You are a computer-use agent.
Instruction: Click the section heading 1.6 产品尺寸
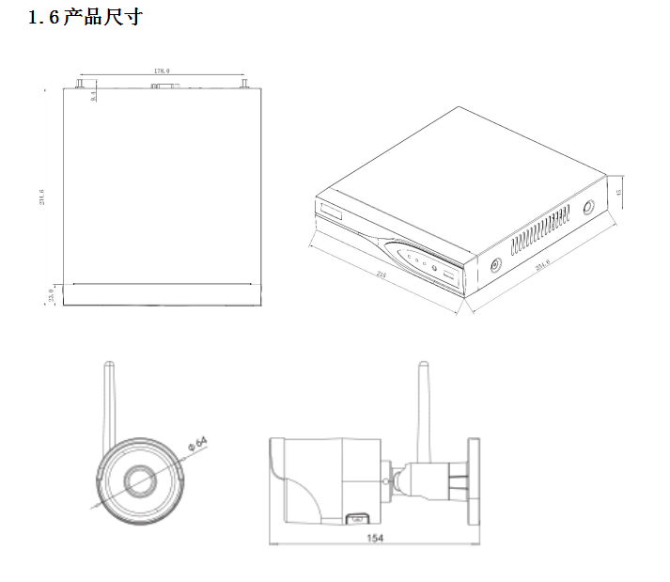[86, 17]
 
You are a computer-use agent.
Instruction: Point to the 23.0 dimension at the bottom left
[50, 296]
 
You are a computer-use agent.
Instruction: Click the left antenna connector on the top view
[76, 85]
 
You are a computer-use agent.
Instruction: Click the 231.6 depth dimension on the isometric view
[543, 266]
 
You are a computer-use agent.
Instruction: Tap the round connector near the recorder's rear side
[588, 209]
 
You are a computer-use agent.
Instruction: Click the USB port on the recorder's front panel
[449, 277]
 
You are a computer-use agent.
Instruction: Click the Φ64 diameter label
[196, 442]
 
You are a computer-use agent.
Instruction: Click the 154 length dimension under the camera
[375, 538]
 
